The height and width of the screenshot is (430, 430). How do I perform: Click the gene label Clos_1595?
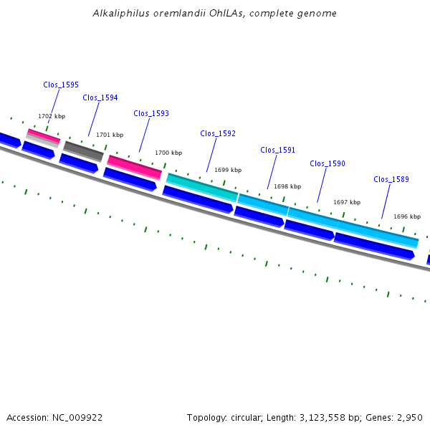(x=61, y=85)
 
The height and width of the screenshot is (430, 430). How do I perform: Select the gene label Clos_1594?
(x=100, y=97)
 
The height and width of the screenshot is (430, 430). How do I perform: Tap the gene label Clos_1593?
(x=151, y=113)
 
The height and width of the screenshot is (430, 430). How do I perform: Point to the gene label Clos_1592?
(x=218, y=133)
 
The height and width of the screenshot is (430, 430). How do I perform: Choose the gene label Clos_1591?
(x=277, y=150)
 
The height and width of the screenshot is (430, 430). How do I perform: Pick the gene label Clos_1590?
(x=328, y=163)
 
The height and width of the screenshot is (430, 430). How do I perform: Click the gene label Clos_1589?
(x=391, y=179)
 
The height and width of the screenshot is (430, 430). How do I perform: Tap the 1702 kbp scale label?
(x=52, y=116)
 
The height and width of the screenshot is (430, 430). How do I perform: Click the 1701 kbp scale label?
(x=110, y=135)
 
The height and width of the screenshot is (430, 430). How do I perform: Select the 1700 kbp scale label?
(x=168, y=153)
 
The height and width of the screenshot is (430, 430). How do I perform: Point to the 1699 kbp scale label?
(x=228, y=170)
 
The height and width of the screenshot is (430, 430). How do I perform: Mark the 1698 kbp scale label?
(x=287, y=186)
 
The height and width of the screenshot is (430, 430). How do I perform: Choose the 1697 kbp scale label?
(x=347, y=202)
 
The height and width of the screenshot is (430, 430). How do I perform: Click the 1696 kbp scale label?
(x=406, y=216)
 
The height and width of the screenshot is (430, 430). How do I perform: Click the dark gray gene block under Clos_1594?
(x=84, y=151)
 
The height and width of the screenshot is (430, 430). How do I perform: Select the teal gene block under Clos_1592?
(x=202, y=187)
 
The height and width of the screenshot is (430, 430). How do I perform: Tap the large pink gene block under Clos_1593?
(x=135, y=167)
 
